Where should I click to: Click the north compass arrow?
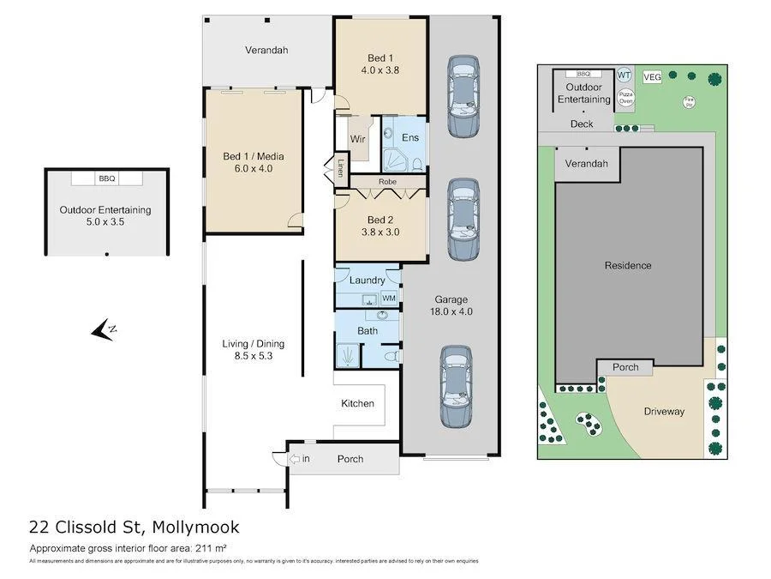pos(106,329)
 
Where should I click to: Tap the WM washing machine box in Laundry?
pos(389,298)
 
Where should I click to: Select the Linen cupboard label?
pos(339,168)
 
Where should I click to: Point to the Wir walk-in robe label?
pos(358,138)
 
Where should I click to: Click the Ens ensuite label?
pos(410,138)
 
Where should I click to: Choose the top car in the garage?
pos(463,96)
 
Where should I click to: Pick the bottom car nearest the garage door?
pos(456,386)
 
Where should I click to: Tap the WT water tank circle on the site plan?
pos(625,75)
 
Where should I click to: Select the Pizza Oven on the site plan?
pos(626,97)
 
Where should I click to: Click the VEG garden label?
pos(652,77)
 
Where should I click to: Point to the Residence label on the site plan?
pos(627,265)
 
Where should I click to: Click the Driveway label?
pos(664,411)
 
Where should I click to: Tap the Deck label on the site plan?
pos(582,124)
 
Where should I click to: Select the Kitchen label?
pos(357,403)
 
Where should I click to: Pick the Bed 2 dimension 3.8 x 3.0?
pos(381,232)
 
